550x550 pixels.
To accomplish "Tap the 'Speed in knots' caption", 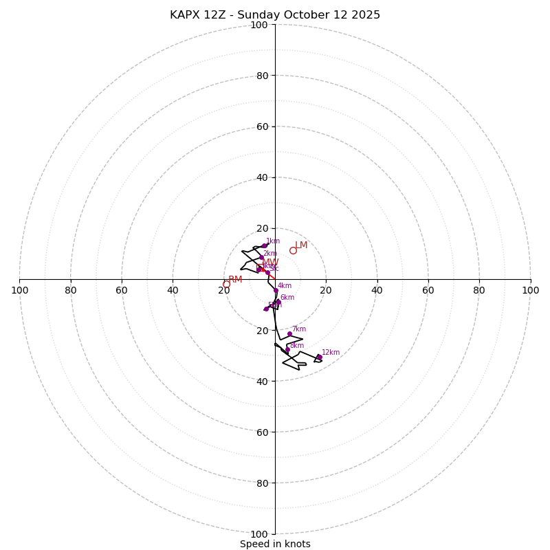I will pyautogui.click(x=275, y=544).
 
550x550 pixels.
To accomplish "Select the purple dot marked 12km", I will pyautogui.click(x=319, y=357).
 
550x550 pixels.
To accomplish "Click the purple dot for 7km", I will pyautogui.click(x=289, y=334).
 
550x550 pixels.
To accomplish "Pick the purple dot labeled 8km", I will pyautogui.click(x=287, y=350).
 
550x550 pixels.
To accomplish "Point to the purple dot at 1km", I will pyautogui.click(x=264, y=245).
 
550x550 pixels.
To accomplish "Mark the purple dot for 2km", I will pyautogui.click(x=261, y=258).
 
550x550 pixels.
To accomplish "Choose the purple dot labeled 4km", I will pyautogui.click(x=276, y=290).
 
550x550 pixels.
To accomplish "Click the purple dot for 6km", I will pyautogui.click(x=278, y=302).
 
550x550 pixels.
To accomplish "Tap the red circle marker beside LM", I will pyautogui.click(x=293, y=250).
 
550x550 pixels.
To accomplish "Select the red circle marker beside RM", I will pyautogui.click(x=226, y=284).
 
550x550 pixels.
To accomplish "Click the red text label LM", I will pyautogui.click(x=301, y=245).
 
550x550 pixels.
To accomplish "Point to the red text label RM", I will pyautogui.click(x=235, y=279).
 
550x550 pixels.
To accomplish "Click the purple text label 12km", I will pyautogui.click(x=331, y=352).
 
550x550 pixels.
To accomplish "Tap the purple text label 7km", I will pyautogui.click(x=299, y=329).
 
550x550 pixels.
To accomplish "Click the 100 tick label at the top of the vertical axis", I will pyautogui.click(x=259, y=25).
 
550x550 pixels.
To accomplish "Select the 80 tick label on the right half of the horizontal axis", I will pyautogui.click(x=479, y=290).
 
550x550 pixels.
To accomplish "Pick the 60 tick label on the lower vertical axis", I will pyautogui.click(x=259, y=432).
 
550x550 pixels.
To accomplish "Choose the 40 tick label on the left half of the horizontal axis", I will pyautogui.click(x=173, y=290).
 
